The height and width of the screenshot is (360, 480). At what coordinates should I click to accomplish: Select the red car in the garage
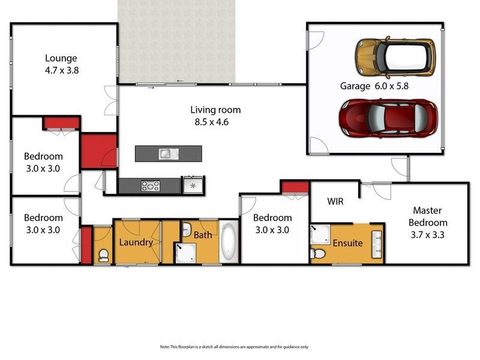[387, 118]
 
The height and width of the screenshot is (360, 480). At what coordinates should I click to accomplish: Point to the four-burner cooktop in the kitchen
[150, 186]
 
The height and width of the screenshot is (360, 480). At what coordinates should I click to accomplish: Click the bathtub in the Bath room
[229, 243]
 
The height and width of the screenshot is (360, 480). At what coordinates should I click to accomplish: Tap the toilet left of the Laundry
[103, 255]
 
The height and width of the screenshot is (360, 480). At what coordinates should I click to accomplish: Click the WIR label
[335, 202]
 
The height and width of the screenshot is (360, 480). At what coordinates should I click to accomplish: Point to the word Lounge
[61, 58]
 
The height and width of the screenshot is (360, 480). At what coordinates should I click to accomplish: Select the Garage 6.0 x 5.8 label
[371, 86]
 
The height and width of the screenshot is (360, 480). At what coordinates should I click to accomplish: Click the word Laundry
[136, 242]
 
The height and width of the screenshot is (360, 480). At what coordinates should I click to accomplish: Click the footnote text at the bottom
[234, 347]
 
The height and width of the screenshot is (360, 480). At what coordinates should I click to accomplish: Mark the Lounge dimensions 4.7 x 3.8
[61, 70]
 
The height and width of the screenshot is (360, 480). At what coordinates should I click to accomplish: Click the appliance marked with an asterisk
[193, 185]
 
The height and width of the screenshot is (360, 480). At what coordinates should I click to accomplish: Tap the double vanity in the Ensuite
[377, 243]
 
